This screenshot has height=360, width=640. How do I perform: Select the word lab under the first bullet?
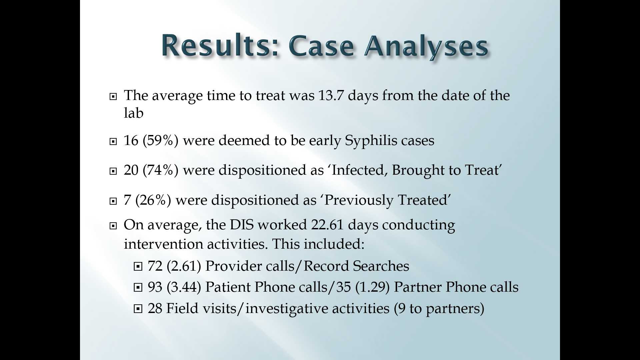click(x=134, y=113)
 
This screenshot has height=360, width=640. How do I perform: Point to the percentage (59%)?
click(x=161, y=140)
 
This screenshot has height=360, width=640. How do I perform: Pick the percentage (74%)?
click(x=161, y=170)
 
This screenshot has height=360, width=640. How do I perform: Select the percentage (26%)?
click(x=153, y=200)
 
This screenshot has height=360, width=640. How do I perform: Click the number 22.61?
click(x=327, y=225)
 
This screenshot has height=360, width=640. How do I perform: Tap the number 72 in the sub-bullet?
click(x=155, y=266)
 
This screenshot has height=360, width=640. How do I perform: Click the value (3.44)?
click(x=184, y=287)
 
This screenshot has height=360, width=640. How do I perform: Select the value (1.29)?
click(x=372, y=287)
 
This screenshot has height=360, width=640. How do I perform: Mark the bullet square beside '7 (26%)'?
click(x=113, y=201)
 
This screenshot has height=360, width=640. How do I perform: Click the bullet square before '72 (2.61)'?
click(x=138, y=267)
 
